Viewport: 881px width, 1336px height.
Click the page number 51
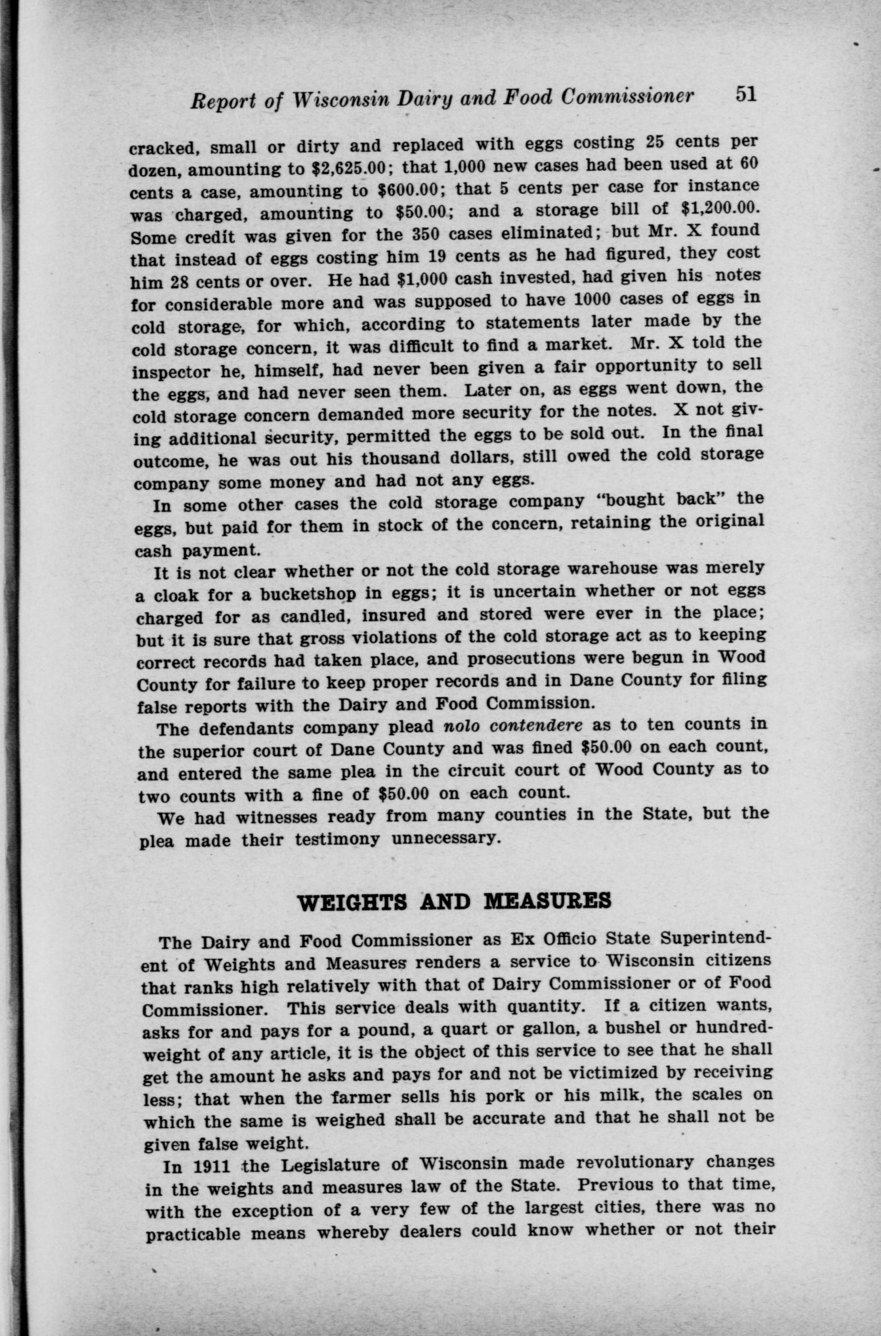(744, 94)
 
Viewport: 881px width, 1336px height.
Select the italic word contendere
(543, 725)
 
